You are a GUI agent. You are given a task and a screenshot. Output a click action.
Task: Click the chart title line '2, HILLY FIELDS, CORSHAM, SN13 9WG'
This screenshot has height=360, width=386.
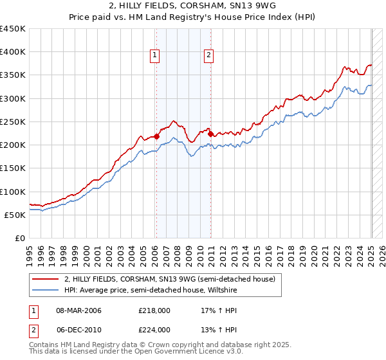192,6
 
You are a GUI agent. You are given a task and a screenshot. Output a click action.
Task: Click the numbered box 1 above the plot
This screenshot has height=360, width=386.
156,56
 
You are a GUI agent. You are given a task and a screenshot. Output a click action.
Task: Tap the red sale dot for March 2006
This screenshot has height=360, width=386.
156,136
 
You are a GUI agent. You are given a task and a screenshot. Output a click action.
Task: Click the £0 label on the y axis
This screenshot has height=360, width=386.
19,239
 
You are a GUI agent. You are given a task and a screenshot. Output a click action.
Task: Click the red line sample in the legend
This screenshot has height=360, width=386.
46,279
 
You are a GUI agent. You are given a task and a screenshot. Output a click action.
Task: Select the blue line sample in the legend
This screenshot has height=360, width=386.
46,290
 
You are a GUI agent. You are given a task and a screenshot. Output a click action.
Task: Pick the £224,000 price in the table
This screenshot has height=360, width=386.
154,330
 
